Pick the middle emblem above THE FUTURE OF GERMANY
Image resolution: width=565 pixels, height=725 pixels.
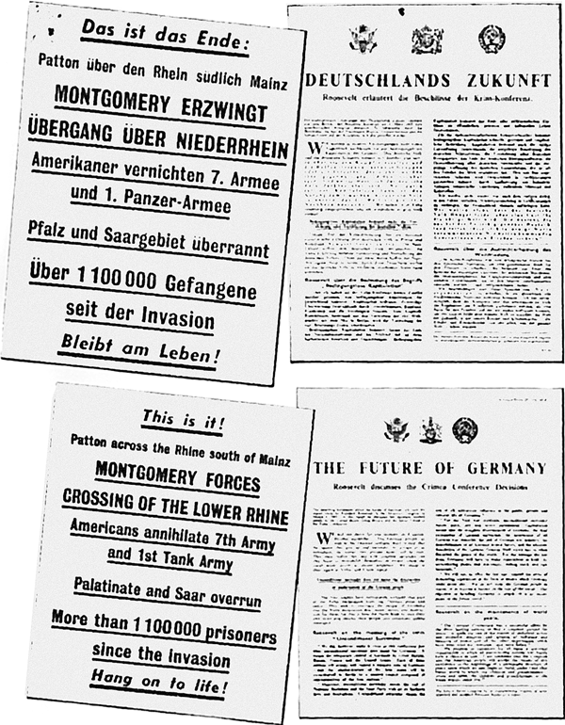[x=425, y=429]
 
